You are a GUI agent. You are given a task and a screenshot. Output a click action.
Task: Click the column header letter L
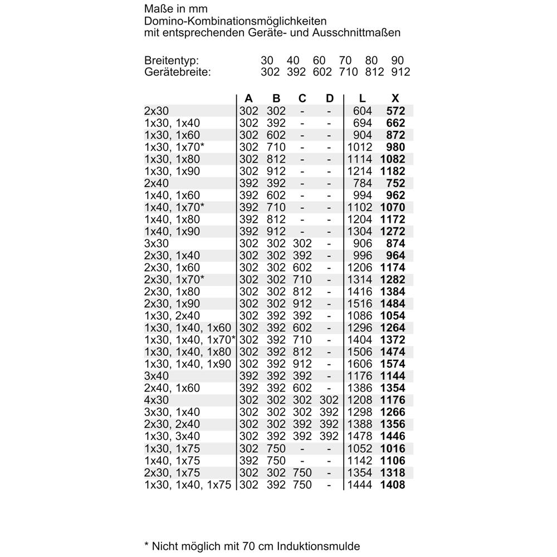point(363,99)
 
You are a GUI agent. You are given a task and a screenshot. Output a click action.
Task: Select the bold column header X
point(395,99)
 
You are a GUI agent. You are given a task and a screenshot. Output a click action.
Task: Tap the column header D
point(330,99)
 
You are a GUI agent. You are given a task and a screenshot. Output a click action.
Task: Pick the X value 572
point(395,111)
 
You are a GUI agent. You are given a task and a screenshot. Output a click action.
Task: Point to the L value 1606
point(359,364)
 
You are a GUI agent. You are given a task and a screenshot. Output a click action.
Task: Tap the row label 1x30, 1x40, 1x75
point(187,485)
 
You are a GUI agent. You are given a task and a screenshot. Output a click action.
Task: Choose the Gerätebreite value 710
point(348,72)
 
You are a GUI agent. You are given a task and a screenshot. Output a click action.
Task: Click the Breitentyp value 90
point(398,61)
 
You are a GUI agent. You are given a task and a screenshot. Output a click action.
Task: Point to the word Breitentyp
point(171,61)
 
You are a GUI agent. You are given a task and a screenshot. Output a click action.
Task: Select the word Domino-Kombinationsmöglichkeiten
point(235,22)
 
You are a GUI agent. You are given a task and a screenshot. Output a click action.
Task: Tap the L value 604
point(363,111)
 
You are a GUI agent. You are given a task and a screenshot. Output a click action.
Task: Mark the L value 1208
point(359,400)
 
